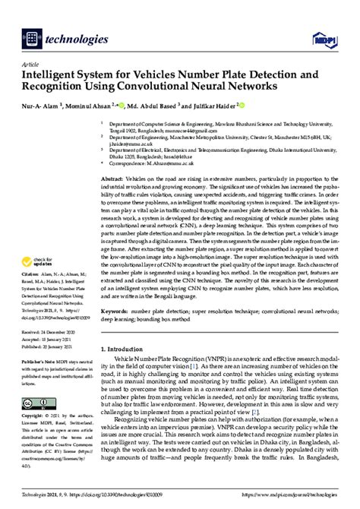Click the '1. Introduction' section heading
[x=128, y=370]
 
